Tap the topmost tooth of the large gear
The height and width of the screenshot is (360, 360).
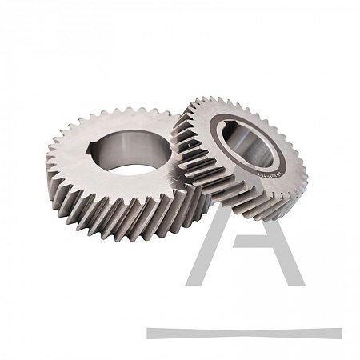coord(120,112)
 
